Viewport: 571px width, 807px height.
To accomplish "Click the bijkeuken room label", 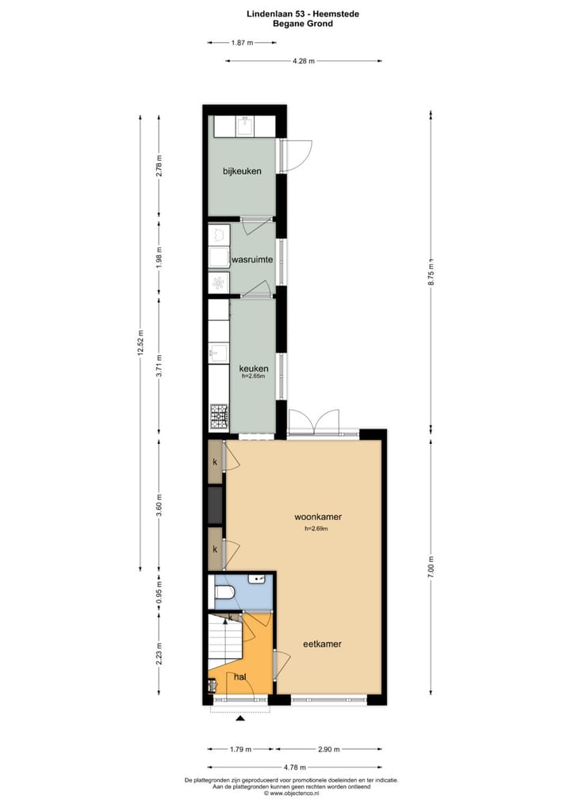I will coord(241,170).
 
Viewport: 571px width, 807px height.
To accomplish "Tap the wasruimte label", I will coord(252,259).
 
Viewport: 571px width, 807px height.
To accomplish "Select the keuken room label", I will coord(254,369).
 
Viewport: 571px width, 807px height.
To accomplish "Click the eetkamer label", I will coord(322,644).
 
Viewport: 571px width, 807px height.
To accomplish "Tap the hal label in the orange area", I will coord(240,676).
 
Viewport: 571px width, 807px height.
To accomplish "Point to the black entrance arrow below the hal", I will coord(240,718).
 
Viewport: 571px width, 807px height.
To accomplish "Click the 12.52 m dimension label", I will coord(140,342).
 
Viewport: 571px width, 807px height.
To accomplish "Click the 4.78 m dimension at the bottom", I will coord(296,767).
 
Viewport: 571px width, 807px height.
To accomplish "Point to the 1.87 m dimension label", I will coord(242,43).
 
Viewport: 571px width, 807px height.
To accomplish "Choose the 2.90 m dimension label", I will coord(328,749).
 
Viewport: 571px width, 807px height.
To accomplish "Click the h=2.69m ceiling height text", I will coord(316,529).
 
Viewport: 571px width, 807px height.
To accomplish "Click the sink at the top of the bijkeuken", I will coord(245,124).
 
